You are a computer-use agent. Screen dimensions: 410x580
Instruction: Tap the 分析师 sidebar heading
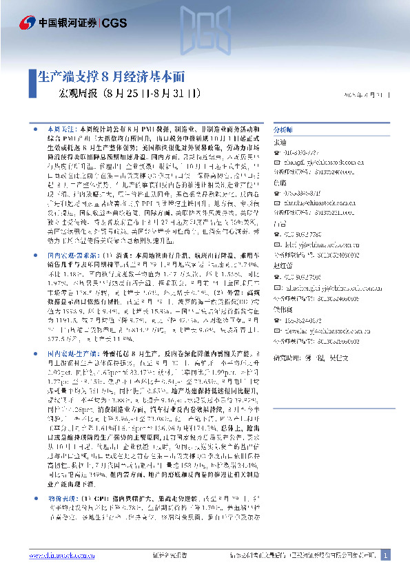coord(283,129)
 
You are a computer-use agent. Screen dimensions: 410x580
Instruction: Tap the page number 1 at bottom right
coord(385,555)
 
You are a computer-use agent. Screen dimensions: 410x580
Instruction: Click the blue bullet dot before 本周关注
coord(37,130)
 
